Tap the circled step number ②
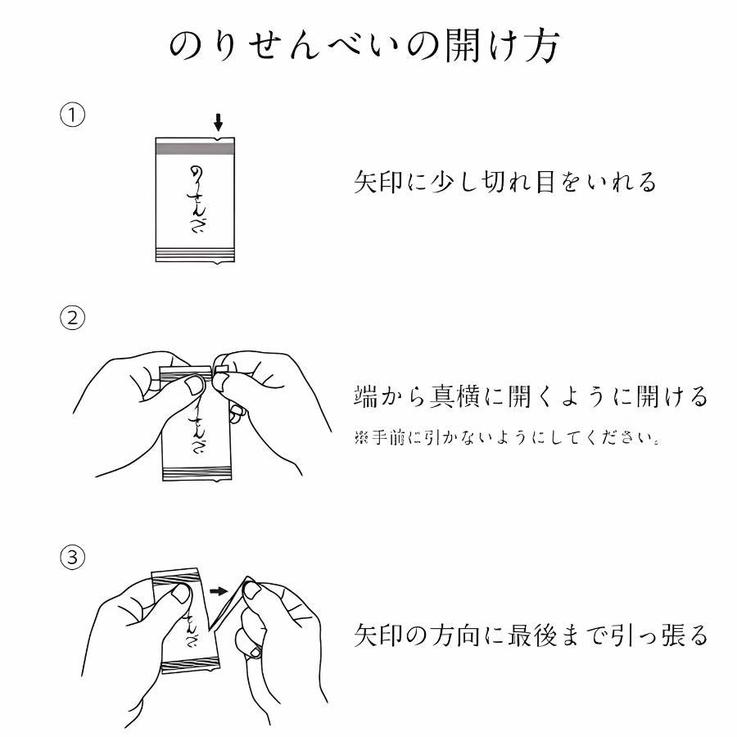tap(73, 318)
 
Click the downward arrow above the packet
tap(218, 122)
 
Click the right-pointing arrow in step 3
tap(216, 590)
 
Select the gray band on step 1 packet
tap(196, 148)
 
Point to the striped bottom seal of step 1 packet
tap(196, 253)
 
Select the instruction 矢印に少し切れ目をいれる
tap(505, 182)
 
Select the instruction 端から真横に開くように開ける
tap(530, 396)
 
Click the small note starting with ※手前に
tap(507, 438)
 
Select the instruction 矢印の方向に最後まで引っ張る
tap(530, 635)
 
